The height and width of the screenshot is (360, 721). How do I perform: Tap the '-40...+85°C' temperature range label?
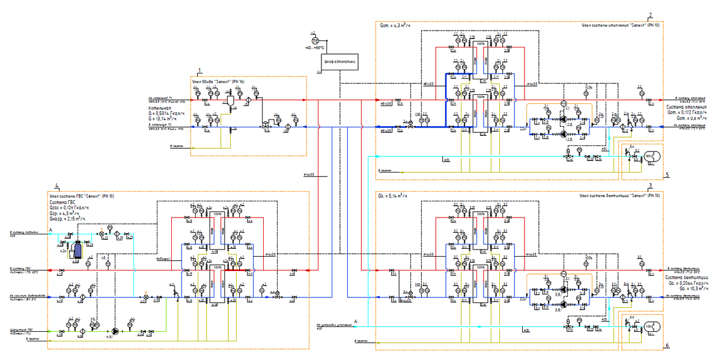[x=314, y=47]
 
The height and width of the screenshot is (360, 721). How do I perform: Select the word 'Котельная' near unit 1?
[x=161, y=109]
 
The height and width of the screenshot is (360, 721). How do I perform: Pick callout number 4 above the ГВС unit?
[x=56, y=185]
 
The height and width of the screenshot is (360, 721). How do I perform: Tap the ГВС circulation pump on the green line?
[x=115, y=330]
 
